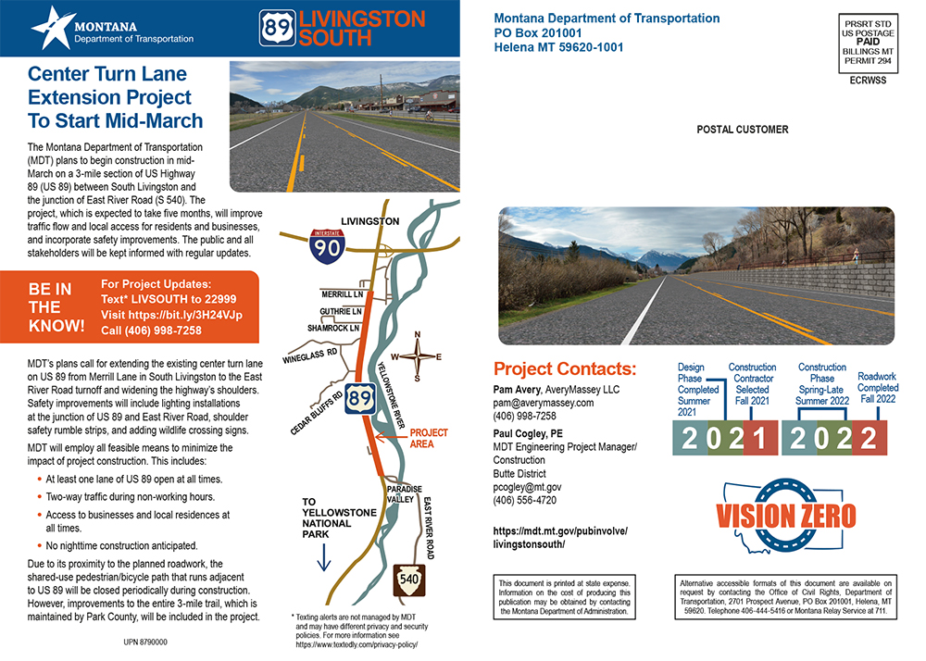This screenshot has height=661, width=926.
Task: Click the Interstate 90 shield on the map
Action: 328,243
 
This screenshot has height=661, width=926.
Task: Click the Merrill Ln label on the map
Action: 340,293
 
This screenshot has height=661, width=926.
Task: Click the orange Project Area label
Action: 429,438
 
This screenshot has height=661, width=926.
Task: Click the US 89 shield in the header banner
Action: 278,28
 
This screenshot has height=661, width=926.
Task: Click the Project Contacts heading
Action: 565,367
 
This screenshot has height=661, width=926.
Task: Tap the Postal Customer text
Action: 743,130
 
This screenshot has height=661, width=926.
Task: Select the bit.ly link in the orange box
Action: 171,315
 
